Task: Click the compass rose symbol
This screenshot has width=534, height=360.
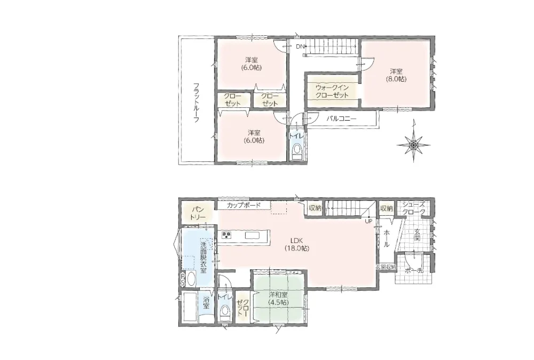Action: [x=413, y=145]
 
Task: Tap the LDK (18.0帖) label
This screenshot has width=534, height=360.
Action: [x=296, y=244]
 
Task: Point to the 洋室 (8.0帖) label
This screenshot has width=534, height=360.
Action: [x=396, y=75]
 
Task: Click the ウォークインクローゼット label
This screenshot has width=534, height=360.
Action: [x=332, y=91]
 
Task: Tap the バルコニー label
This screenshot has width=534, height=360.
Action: [x=341, y=119]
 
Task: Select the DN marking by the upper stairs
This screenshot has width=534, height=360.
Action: [x=300, y=46]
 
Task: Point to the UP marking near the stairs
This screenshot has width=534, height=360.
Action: [x=368, y=221]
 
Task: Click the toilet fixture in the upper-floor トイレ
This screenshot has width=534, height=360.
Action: [x=297, y=152]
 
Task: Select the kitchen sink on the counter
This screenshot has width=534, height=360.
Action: [x=253, y=236]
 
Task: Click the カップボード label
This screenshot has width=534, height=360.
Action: [x=244, y=206]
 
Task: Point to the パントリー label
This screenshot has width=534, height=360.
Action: [x=198, y=213]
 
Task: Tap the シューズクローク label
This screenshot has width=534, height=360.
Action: [x=414, y=208]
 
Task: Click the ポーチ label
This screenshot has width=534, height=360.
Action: [x=414, y=271]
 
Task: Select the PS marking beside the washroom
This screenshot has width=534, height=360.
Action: [x=183, y=279]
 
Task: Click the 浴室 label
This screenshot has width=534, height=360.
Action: [x=206, y=303]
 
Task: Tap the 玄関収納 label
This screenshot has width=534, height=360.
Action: [x=386, y=267]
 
